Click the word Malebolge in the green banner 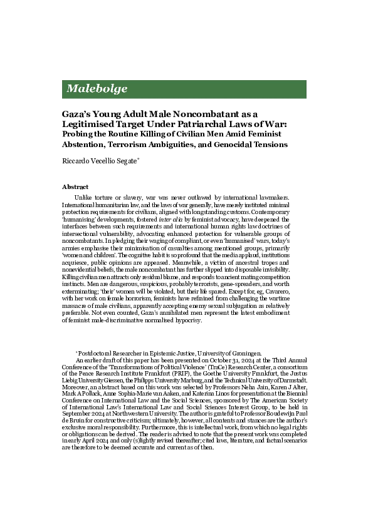97,89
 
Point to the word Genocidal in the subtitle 231,144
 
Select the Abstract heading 75,187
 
